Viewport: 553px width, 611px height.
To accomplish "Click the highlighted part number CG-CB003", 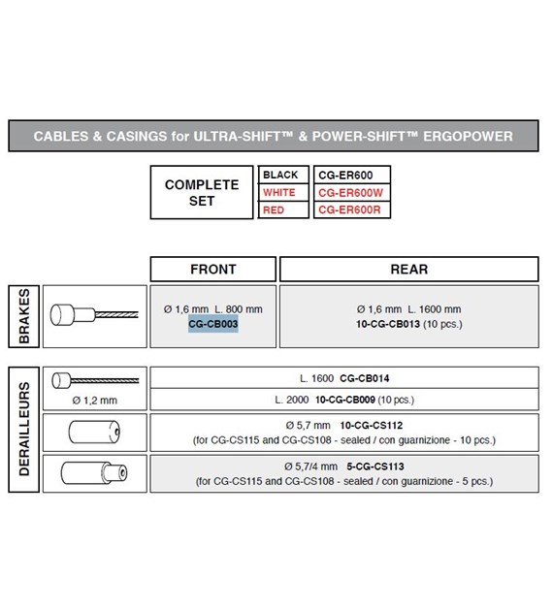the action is (213, 324).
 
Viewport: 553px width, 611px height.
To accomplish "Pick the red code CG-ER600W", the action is (351, 192).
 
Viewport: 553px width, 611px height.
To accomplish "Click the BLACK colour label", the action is (280, 175).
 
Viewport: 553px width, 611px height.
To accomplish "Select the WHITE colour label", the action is (279, 192).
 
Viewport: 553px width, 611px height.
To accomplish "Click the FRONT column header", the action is (213, 269).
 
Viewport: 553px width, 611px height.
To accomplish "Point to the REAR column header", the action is (408, 269).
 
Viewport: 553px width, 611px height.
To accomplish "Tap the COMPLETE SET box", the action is (202, 192).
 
